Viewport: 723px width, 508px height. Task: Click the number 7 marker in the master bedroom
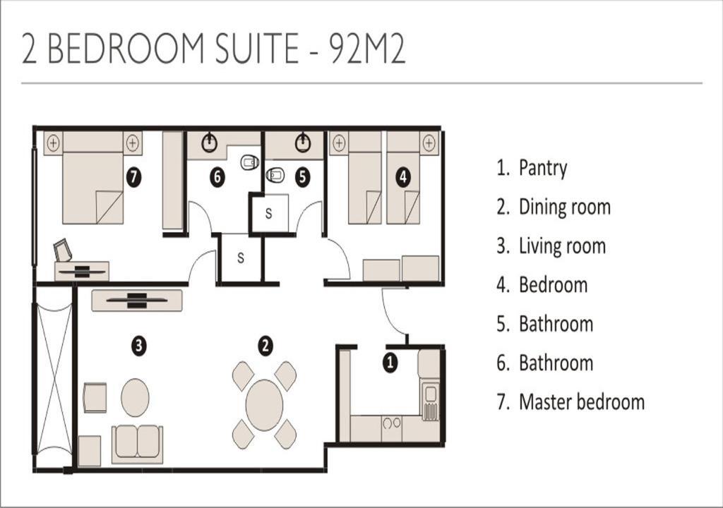(x=133, y=177)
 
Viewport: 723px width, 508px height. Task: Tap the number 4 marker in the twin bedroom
(x=403, y=177)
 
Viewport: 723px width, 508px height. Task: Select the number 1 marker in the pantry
(x=390, y=363)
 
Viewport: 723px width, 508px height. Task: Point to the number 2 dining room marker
(x=265, y=346)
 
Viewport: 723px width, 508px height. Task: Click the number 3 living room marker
(x=139, y=345)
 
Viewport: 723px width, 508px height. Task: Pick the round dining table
(x=264, y=405)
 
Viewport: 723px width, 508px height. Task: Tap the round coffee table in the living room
(x=135, y=397)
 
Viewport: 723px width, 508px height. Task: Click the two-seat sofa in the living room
(x=137, y=444)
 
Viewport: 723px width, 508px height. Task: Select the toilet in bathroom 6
(x=249, y=162)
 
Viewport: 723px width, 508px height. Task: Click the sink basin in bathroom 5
(x=302, y=143)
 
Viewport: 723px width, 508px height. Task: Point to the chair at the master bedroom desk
(x=63, y=250)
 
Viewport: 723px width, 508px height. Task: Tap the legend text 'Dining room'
(x=565, y=207)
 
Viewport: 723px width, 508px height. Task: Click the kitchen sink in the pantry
(x=431, y=394)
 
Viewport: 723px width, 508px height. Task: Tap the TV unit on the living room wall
(x=137, y=300)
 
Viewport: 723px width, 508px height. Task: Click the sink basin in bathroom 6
(x=209, y=143)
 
